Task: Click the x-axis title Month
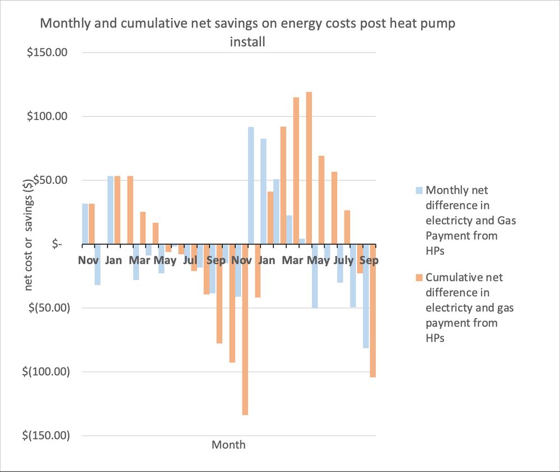click(228, 445)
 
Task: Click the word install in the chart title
click(248, 42)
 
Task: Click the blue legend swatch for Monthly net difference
click(419, 190)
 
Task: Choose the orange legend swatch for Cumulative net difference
click(419, 278)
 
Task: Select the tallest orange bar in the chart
click(309, 168)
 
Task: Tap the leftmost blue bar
click(85, 224)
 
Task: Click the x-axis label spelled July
click(343, 260)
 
